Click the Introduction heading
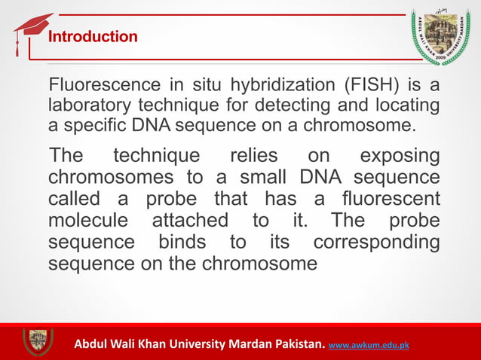pyautogui.click(x=93, y=37)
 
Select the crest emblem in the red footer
pyautogui.click(x=37, y=342)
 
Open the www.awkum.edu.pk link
pyautogui.click(x=369, y=346)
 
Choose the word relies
pyautogui.click(x=253, y=157)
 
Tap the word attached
pyautogui.click(x=190, y=221)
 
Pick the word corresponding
pyautogui.click(x=376, y=243)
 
